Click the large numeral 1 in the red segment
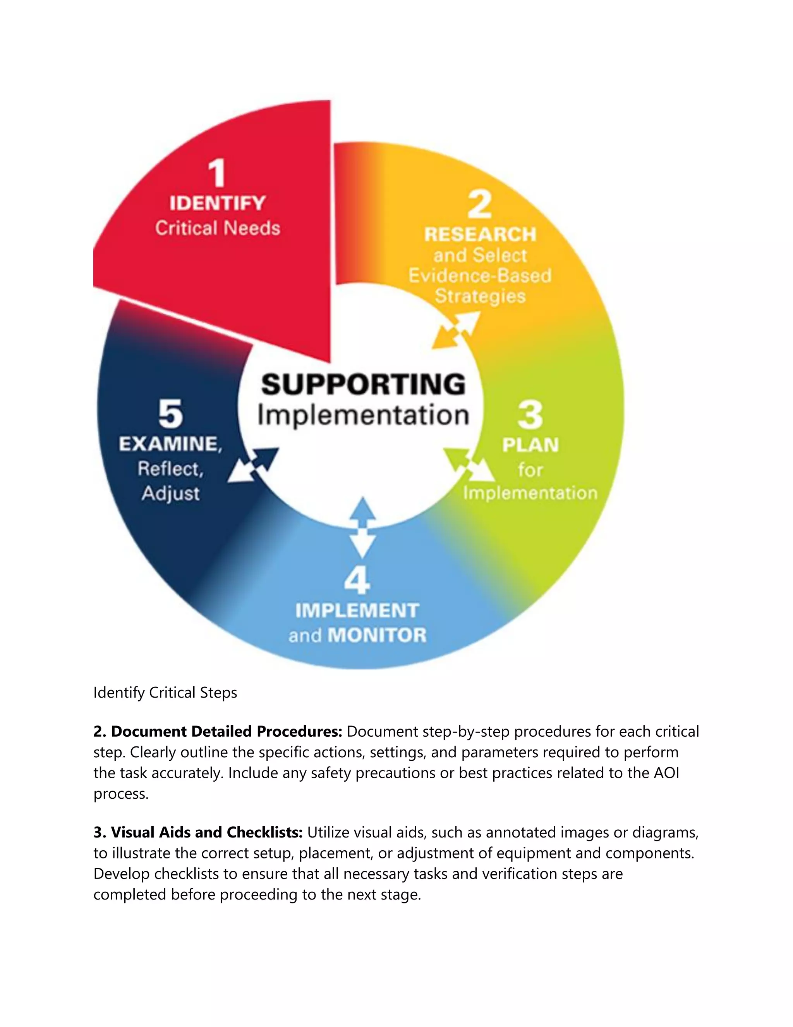(x=217, y=174)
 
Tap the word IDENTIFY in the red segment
(x=218, y=203)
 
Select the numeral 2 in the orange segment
(x=480, y=205)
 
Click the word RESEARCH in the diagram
(x=480, y=234)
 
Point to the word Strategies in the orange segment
(x=480, y=296)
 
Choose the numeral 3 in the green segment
(x=530, y=415)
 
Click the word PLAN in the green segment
(x=530, y=445)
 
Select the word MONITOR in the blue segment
(x=377, y=635)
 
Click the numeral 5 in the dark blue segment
(x=170, y=414)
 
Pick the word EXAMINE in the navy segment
(x=169, y=444)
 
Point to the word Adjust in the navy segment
(x=170, y=494)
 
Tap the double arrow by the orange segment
(x=455, y=331)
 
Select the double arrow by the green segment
(x=469, y=465)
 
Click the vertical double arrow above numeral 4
(x=363, y=527)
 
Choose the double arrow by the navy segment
(x=253, y=465)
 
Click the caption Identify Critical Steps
(x=165, y=693)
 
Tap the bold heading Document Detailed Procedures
(x=218, y=732)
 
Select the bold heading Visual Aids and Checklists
(x=198, y=832)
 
